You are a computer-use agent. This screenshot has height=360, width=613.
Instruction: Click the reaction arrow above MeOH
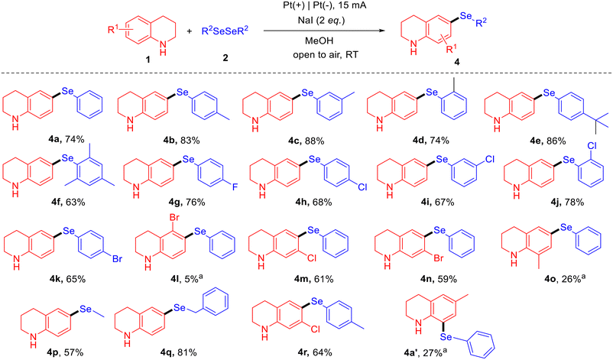tap(324, 30)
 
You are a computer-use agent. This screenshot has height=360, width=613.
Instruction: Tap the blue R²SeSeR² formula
tap(225, 31)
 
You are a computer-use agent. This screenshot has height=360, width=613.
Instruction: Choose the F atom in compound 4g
tap(235, 187)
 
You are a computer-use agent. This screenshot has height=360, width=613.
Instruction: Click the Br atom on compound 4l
tap(174, 218)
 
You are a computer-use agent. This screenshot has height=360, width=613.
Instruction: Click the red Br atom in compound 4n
tap(438, 258)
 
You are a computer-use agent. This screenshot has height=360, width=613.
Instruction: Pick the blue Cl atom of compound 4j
tap(592, 145)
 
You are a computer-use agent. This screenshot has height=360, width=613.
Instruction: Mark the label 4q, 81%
tap(178, 352)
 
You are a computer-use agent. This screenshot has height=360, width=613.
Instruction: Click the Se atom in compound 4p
tap(86, 309)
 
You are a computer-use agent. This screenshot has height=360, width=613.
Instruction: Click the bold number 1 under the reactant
tap(148, 60)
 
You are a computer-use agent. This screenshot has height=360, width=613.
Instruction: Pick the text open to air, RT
tap(326, 54)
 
